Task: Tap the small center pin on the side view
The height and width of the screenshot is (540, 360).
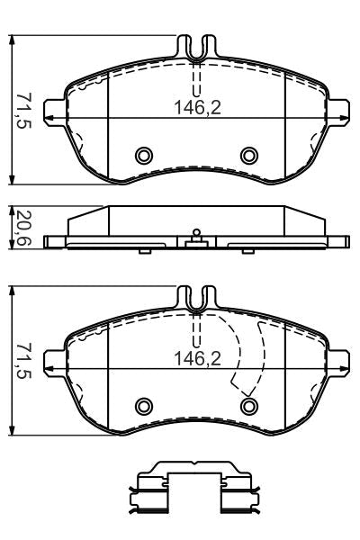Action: (x=195, y=234)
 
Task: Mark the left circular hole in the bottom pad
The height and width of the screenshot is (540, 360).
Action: (x=143, y=406)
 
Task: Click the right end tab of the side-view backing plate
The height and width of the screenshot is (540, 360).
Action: (x=339, y=240)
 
